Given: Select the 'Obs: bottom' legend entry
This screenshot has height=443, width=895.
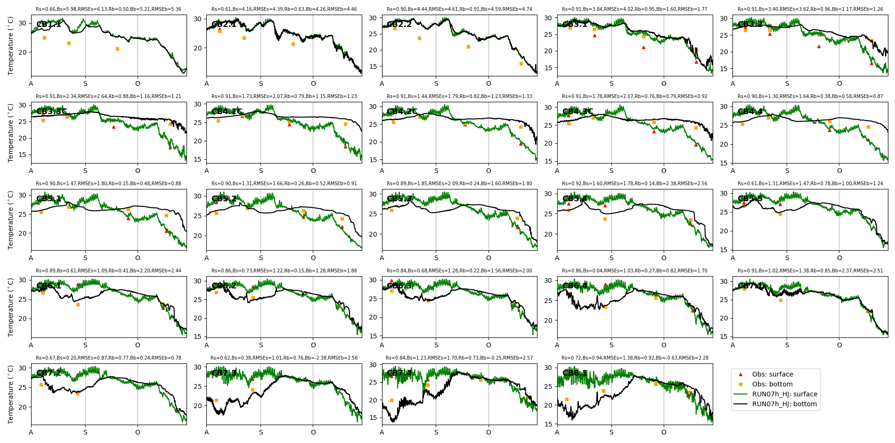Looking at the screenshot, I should click(772, 384).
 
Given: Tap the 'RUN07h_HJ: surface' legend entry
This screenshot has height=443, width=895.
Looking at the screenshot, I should click(784, 394).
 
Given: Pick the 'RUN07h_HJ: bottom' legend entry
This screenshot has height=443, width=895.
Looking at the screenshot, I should click(784, 404).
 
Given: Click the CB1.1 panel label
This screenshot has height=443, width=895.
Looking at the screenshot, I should click(49, 25).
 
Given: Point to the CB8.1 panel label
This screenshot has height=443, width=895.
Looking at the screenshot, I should click(575, 373).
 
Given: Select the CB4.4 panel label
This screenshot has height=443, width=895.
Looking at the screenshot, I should click(750, 112).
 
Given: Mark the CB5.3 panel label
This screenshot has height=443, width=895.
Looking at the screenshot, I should click(399, 199).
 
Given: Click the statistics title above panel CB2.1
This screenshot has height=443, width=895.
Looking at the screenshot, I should click(284, 9).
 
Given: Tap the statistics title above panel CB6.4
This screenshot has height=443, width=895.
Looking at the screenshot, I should click(635, 271).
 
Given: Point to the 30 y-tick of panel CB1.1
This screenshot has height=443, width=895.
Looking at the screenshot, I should click(23, 23).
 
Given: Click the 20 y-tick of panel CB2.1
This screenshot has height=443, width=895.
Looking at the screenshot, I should click(198, 48).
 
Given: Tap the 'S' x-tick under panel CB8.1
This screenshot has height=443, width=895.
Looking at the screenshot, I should click(611, 432).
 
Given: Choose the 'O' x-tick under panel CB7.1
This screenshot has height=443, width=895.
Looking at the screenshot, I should click(839, 345).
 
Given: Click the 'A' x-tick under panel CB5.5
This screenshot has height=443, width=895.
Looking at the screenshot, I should click(732, 258).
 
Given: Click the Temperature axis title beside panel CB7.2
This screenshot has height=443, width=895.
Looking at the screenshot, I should click(11, 394).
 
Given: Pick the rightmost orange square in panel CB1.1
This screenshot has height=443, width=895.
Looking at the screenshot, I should click(117, 49).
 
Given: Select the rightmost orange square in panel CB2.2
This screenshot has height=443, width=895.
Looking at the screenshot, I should click(521, 64).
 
